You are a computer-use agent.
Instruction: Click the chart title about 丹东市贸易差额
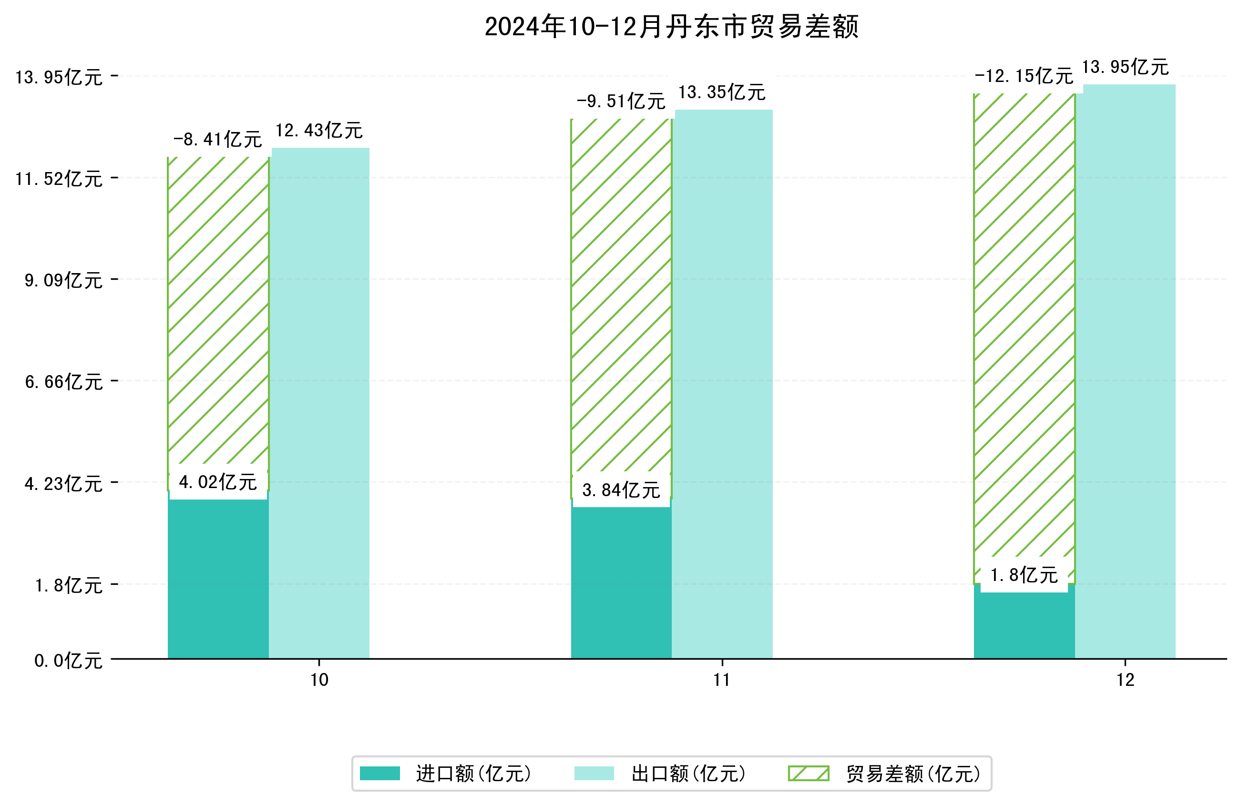tap(671, 27)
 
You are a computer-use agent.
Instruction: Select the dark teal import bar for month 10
tap(218, 578)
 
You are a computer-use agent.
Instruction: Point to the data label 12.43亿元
tap(319, 130)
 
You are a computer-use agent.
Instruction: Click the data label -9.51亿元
tap(621, 101)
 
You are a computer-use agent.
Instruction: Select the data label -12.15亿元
tap(1024, 76)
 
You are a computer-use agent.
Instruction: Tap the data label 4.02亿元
tap(218, 482)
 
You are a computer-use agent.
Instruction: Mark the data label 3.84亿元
tap(621, 490)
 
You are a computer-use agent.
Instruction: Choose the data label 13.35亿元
tap(722, 92)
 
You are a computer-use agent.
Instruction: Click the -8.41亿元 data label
tap(218, 139)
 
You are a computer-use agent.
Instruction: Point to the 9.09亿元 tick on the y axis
tap(63, 280)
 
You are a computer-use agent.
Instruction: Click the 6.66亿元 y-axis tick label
tap(63, 382)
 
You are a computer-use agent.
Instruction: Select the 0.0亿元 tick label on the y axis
tap(68, 661)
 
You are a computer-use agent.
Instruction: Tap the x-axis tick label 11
tap(722, 680)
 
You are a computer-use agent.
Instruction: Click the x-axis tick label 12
tap(1125, 680)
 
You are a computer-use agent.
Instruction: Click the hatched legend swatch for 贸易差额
tap(808, 773)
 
